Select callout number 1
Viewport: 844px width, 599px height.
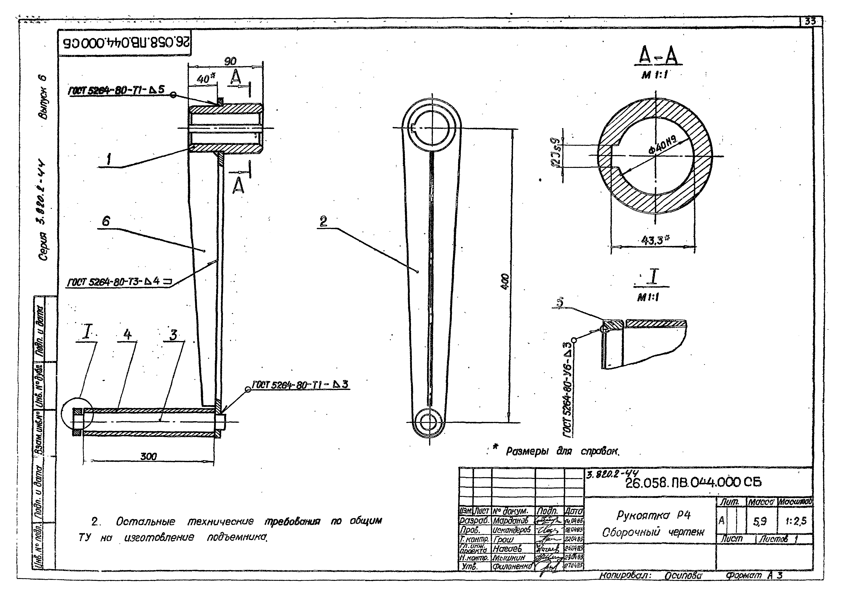click(109, 160)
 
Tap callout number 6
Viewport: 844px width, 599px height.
click(106, 221)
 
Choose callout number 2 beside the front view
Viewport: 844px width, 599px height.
click(323, 221)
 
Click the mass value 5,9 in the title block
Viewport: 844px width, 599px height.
click(760, 521)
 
